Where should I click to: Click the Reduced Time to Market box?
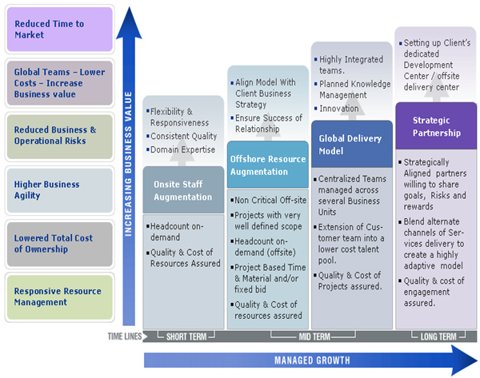click(x=60, y=30)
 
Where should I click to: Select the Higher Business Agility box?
click(x=60, y=190)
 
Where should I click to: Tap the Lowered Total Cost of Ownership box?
click(x=60, y=244)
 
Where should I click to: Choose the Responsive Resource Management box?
click(x=60, y=297)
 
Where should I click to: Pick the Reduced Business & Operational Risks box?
click(x=60, y=137)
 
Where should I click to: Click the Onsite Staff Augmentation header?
click(x=183, y=190)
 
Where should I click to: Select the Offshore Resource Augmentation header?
click(x=268, y=165)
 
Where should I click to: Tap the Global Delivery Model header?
click(x=352, y=144)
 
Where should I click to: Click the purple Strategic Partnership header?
click(x=436, y=126)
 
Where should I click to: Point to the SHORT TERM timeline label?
click(x=186, y=336)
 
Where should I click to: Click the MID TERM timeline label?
click(x=314, y=336)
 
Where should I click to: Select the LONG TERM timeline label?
click(x=438, y=336)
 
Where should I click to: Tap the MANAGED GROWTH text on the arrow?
click(x=312, y=360)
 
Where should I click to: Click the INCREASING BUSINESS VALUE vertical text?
click(x=128, y=164)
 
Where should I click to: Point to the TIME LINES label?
click(x=125, y=336)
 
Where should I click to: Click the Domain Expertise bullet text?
click(x=182, y=149)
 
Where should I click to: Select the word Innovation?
click(x=339, y=108)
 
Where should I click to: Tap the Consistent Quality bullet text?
click(x=184, y=136)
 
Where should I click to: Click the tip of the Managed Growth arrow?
click(x=477, y=360)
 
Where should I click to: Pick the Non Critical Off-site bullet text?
click(x=270, y=200)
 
